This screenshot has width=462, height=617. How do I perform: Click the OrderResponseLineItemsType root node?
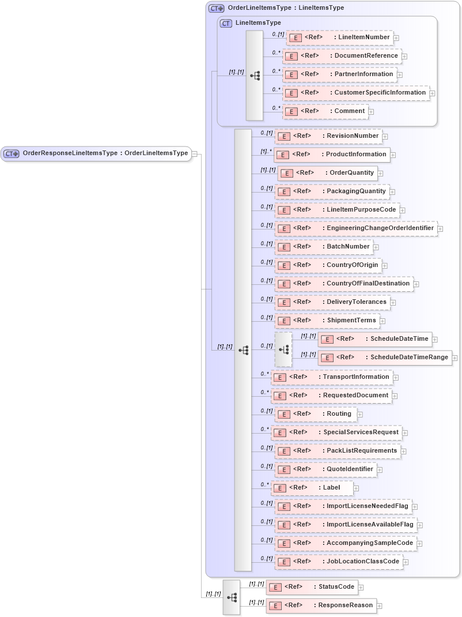96,153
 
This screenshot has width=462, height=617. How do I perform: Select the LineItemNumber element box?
339,37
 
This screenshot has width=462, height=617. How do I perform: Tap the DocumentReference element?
342,56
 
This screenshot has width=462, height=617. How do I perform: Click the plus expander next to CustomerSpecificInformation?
433,93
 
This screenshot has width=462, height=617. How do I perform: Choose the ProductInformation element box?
332,155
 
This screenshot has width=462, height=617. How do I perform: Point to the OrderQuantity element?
327,173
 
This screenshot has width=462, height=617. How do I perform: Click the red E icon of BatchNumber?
283,247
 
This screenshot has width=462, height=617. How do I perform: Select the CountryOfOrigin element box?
328,265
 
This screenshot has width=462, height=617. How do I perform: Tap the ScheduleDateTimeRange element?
384,358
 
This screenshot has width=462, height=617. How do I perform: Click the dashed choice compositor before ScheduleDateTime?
283,349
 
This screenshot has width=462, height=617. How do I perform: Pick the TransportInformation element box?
332,377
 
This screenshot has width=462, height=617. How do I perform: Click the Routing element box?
315,414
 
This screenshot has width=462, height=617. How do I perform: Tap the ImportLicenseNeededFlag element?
343,506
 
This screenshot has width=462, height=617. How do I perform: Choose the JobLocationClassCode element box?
338,562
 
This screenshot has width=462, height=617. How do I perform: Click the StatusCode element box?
312,587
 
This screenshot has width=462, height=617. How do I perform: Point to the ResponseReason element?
321,605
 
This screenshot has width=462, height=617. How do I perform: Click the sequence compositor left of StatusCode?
232,597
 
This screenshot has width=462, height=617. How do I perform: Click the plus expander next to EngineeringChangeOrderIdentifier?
440,229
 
